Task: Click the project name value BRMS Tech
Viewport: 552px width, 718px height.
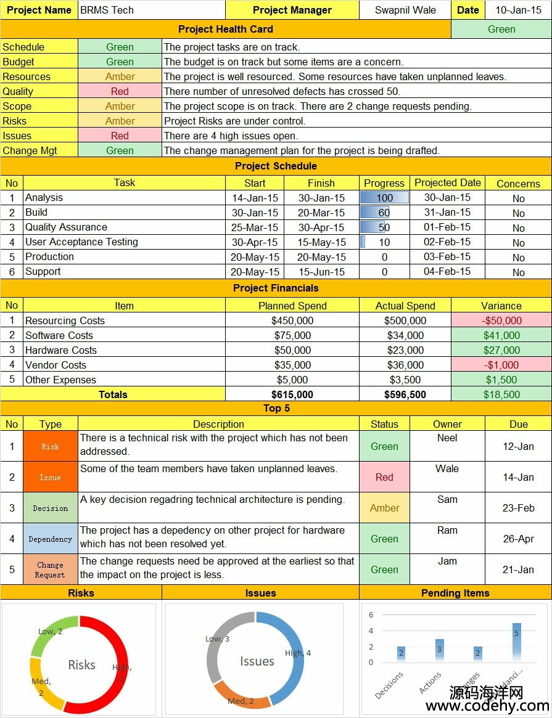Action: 107,10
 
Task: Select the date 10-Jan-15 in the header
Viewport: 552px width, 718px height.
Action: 518,10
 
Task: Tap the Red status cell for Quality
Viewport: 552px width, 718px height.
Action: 120,91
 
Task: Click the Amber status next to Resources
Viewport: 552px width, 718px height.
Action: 120,76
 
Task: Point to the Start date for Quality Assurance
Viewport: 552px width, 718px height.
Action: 255,227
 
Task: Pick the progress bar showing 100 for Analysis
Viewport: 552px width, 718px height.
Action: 384,198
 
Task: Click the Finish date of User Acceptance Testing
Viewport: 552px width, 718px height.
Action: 321,242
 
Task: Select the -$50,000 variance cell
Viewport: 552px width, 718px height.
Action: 501,320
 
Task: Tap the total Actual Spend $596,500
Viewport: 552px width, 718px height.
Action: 405,394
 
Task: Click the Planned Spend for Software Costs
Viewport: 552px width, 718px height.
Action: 292,335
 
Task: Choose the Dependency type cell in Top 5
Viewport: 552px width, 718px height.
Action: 51,539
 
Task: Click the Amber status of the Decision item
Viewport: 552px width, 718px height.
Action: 384,508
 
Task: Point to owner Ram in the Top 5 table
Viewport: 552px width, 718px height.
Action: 447,530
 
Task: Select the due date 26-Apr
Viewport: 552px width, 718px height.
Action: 518,539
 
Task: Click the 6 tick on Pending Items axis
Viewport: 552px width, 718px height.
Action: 371,615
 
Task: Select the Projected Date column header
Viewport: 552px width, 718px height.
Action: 447,183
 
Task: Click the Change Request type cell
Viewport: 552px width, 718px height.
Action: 51,569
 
